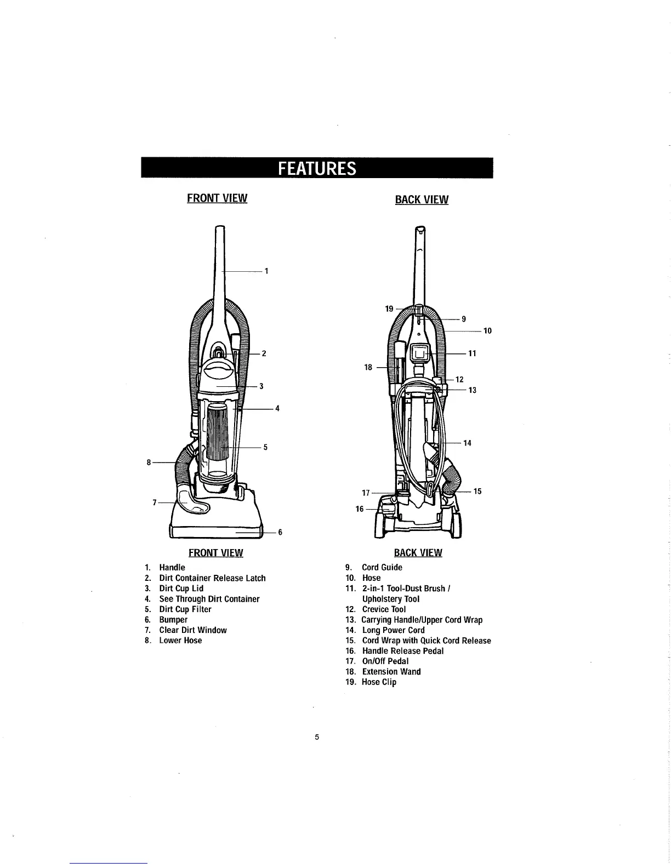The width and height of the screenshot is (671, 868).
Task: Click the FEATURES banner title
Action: (317, 168)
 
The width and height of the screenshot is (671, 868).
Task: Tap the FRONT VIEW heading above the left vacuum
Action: (217, 198)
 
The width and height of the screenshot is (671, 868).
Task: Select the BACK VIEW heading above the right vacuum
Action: (422, 199)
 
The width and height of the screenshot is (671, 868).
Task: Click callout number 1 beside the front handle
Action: (266, 271)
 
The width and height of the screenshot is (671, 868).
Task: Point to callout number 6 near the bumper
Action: (280, 532)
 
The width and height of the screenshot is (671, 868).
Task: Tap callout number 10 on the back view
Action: (487, 330)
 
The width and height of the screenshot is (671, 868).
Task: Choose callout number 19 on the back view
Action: (389, 309)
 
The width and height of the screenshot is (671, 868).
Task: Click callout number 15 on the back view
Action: (477, 491)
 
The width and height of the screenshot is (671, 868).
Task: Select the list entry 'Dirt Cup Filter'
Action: (185, 609)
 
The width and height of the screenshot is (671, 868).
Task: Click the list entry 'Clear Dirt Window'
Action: (192, 630)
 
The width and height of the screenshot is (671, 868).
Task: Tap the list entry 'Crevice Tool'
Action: (384, 609)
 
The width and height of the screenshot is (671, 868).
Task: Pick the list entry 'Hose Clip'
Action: (379, 682)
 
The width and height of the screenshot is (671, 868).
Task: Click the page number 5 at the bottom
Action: (317, 737)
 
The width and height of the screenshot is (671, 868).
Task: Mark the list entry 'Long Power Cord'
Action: (393, 630)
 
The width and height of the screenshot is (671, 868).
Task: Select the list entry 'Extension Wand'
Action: (391, 672)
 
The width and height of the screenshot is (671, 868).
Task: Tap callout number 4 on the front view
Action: (277, 408)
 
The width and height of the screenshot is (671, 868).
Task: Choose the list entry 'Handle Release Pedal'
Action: (402, 651)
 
